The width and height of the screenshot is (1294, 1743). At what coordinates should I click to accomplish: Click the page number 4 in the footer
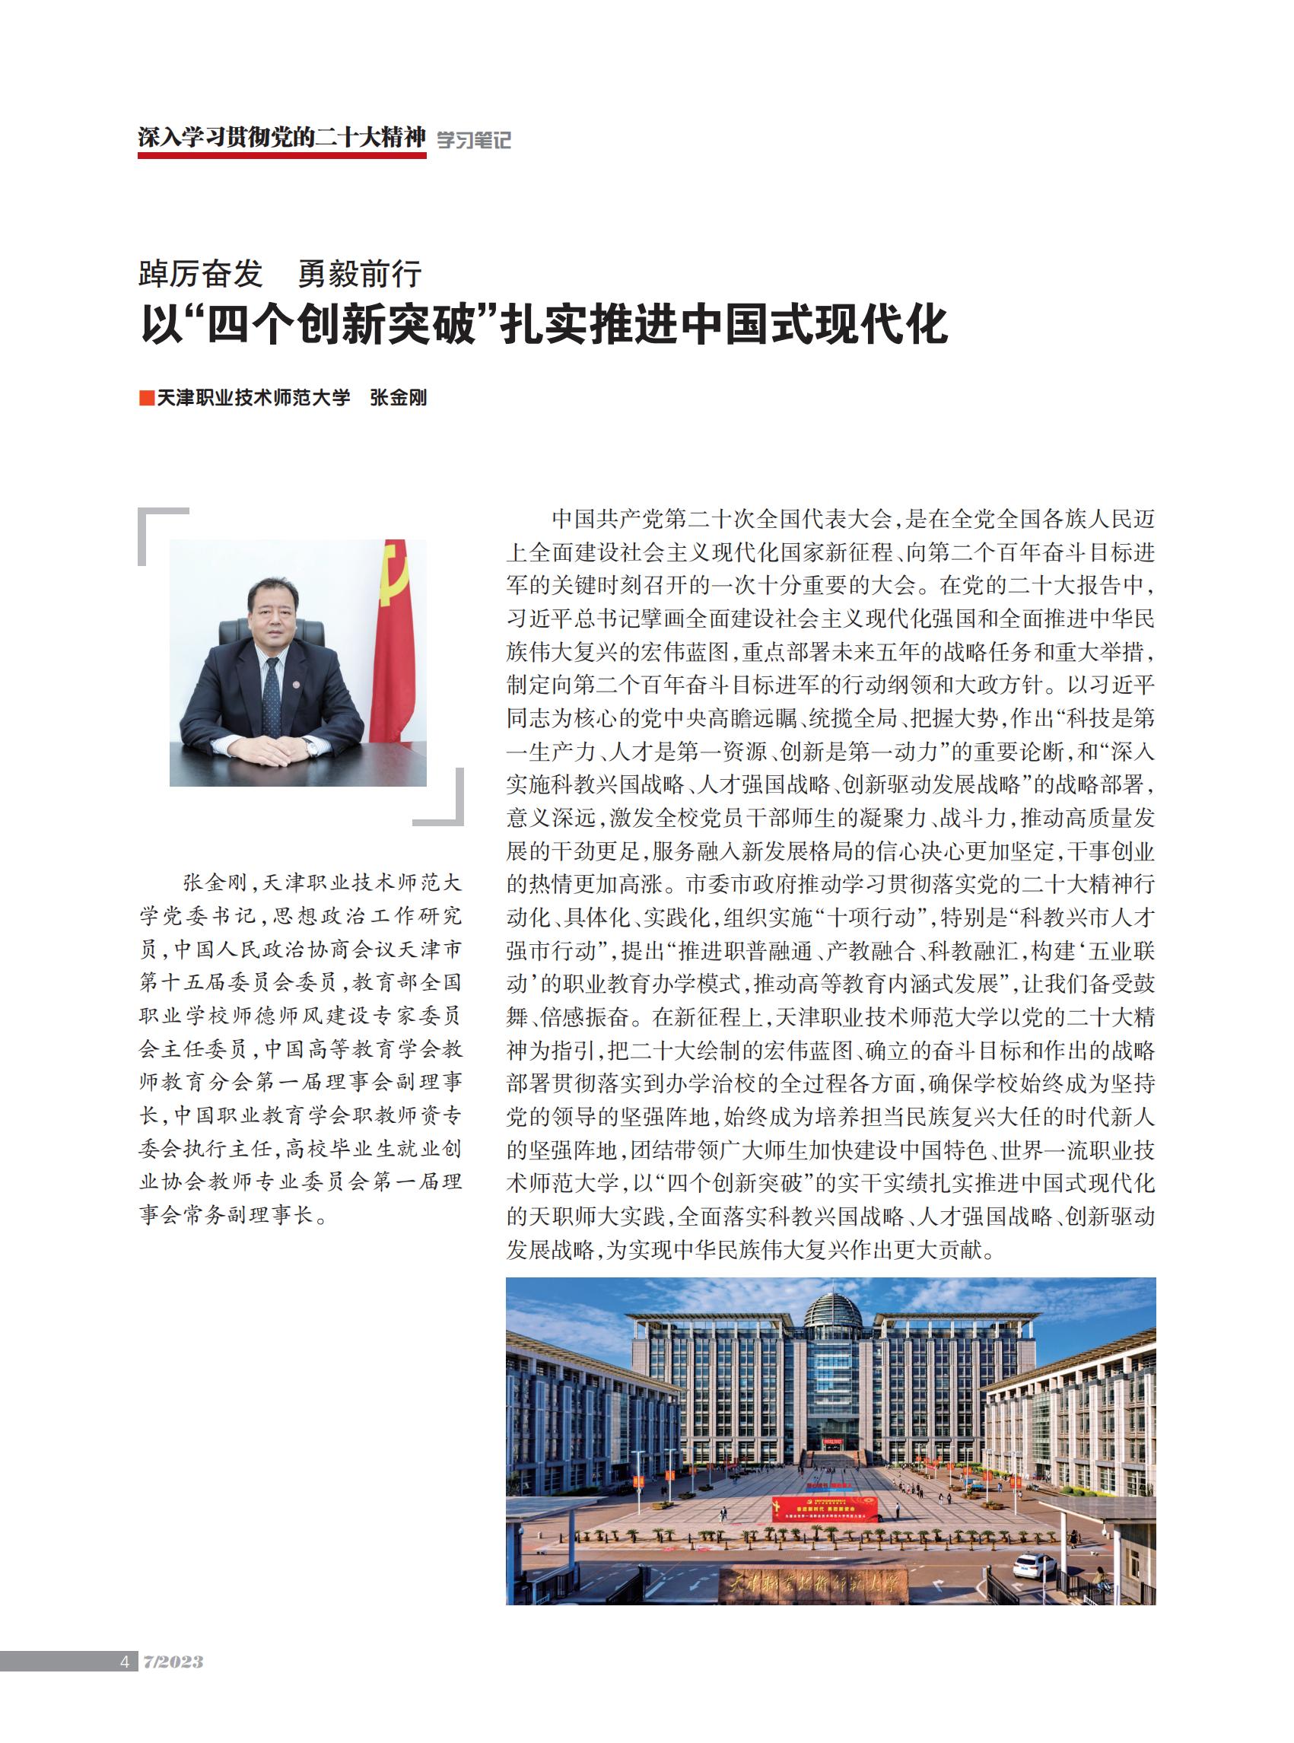point(125,1662)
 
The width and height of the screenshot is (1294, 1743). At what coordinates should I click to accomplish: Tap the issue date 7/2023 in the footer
point(173,1662)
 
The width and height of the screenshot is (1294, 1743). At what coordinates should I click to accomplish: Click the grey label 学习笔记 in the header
point(473,140)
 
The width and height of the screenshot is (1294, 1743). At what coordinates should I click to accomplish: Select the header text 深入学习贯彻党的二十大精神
point(282,137)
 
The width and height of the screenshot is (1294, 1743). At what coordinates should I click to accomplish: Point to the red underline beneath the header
point(282,156)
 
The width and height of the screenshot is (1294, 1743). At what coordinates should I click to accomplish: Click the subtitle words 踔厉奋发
point(201,274)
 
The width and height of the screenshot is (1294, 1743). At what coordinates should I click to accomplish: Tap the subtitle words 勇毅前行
point(361,274)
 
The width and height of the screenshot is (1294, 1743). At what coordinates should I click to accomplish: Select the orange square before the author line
point(146,398)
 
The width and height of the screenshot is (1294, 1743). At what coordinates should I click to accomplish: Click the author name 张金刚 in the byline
point(398,398)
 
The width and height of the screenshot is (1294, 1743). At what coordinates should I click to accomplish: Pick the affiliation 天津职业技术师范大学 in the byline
point(253,398)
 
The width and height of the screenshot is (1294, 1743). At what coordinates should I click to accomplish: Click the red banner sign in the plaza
point(825,1508)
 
